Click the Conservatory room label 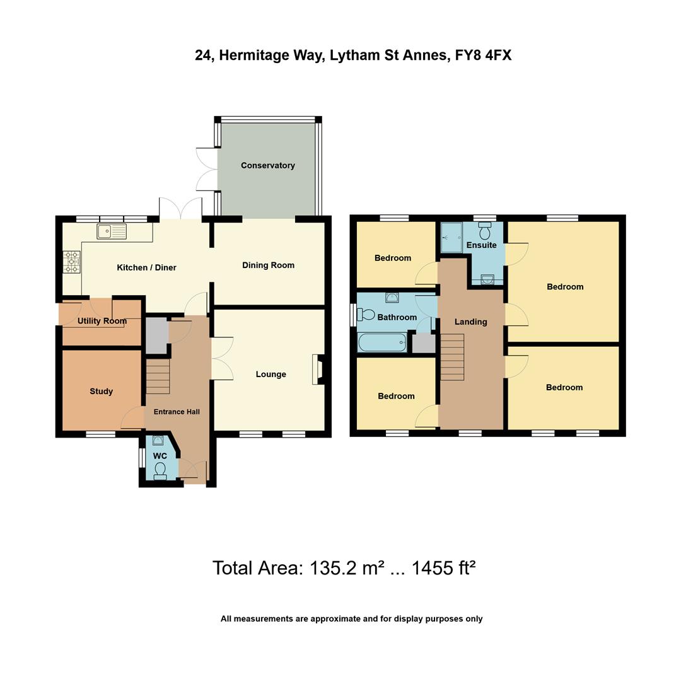tap(267, 165)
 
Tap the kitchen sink tap(112, 231)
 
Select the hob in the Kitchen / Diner tap(72, 262)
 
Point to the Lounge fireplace tap(318, 370)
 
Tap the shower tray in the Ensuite tap(451, 238)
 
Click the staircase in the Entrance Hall tap(158, 376)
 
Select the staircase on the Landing tap(453, 357)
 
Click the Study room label tap(101, 392)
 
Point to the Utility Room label tap(102, 321)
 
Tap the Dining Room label tap(269, 265)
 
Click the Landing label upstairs tap(471, 322)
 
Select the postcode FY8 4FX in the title tap(483, 55)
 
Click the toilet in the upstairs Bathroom tap(366, 314)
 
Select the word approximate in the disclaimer tap(336, 619)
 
